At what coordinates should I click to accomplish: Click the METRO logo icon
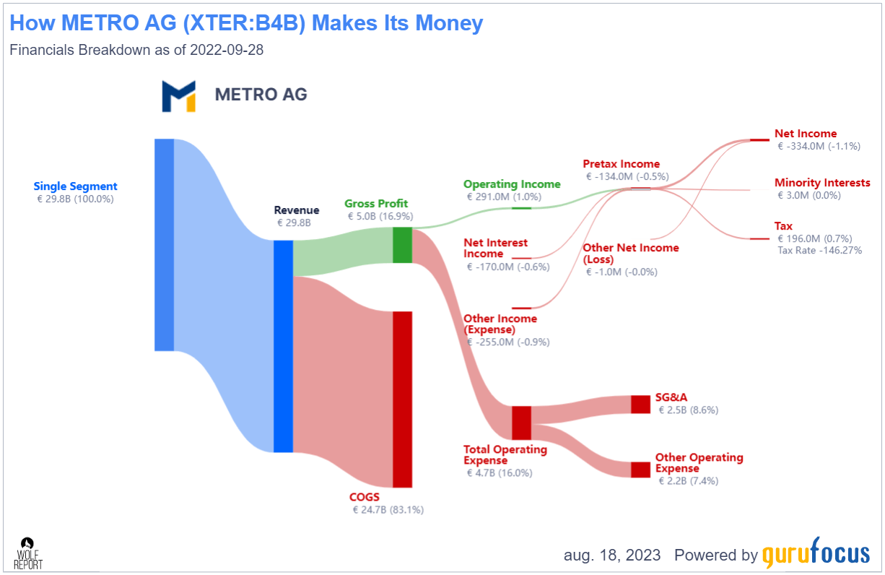[x=178, y=96]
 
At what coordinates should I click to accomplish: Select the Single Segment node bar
[x=164, y=245]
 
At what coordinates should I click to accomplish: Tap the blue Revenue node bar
[x=283, y=346]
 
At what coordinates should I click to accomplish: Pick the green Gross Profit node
[x=402, y=245]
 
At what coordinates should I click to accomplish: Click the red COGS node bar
[x=402, y=399]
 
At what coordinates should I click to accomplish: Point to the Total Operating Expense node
[x=521, y=423]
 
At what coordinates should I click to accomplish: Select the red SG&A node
[x=640, y=404]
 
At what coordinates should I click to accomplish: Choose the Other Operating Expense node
[x=640, y=470]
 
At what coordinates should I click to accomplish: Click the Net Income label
[x=806, y=134]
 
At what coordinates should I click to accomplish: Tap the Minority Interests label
[x=822, y=183]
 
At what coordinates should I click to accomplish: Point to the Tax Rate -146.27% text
[x=819, y=250]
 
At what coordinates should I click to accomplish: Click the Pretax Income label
[x=621, y=164]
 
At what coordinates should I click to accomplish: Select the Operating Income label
[x=512, y=184]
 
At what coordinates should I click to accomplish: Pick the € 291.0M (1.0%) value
[x=503, y=196]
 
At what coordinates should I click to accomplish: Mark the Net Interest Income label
[x=495, y=248]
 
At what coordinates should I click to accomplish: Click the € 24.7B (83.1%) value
[x=388, y=510]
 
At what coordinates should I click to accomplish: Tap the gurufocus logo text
[x=816, y=554]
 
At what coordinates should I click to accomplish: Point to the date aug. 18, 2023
[x=612, y=555]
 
